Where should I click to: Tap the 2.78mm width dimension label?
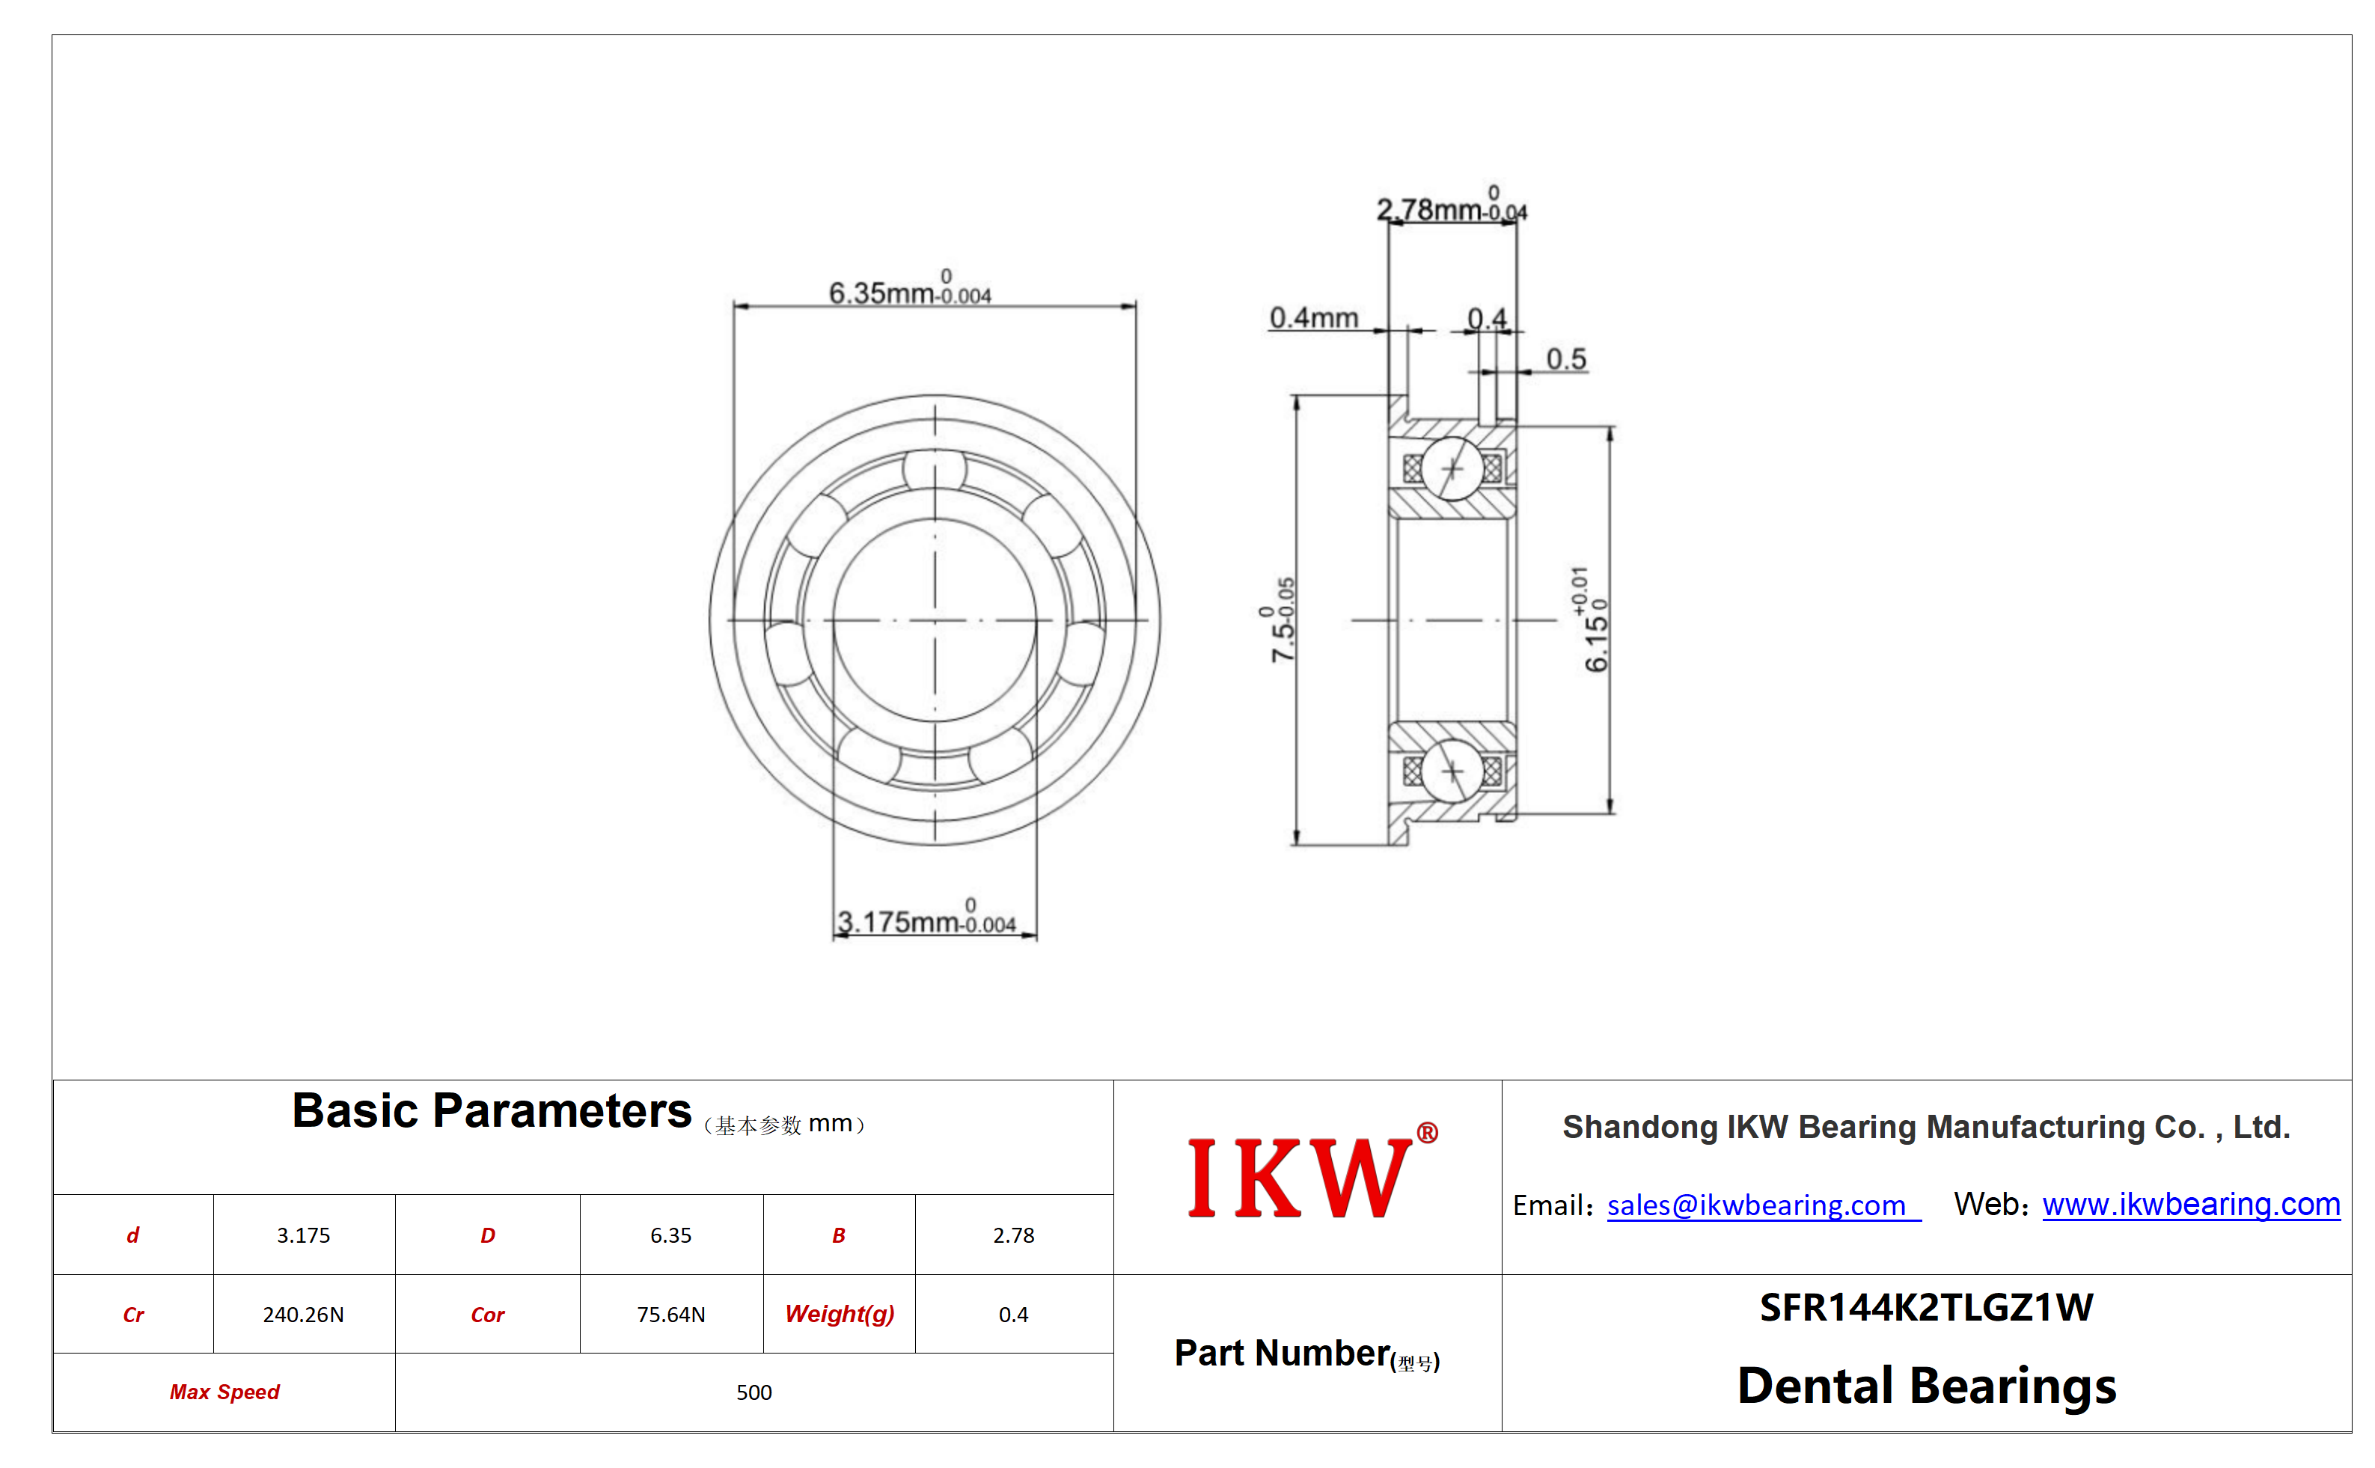(x=1452, y=205)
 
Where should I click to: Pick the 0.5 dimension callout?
(x=1566, y=359)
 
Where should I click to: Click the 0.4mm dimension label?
(x=1314, y=317)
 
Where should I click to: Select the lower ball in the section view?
(x=1452, y=771)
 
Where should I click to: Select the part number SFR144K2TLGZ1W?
(x=1926, y=1308)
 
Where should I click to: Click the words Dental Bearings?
(x=1926, y=1386)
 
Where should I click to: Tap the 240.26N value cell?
(x=303, y=1315)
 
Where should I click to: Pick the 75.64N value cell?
(x=671, y=1315)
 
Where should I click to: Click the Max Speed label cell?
(x=224, y=1392)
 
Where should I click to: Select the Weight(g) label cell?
(x=840, y=1315)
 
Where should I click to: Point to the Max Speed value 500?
(x=754, y=1392)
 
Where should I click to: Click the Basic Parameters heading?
(x=492, y=1110)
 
